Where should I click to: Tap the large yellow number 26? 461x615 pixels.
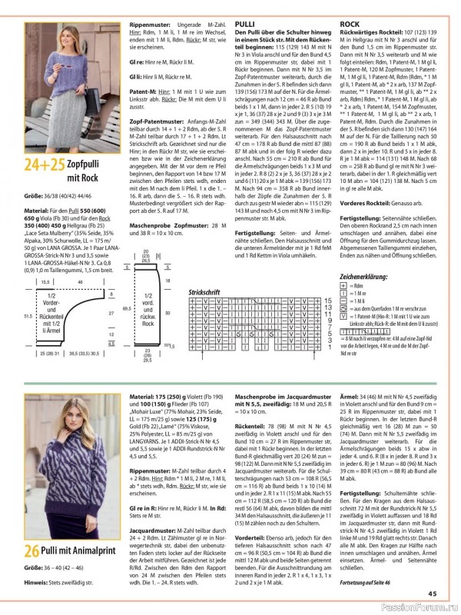click(32, 572)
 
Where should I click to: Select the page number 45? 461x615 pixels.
click(433, 593)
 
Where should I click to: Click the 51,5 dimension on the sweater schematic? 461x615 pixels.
click(28, 316)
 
